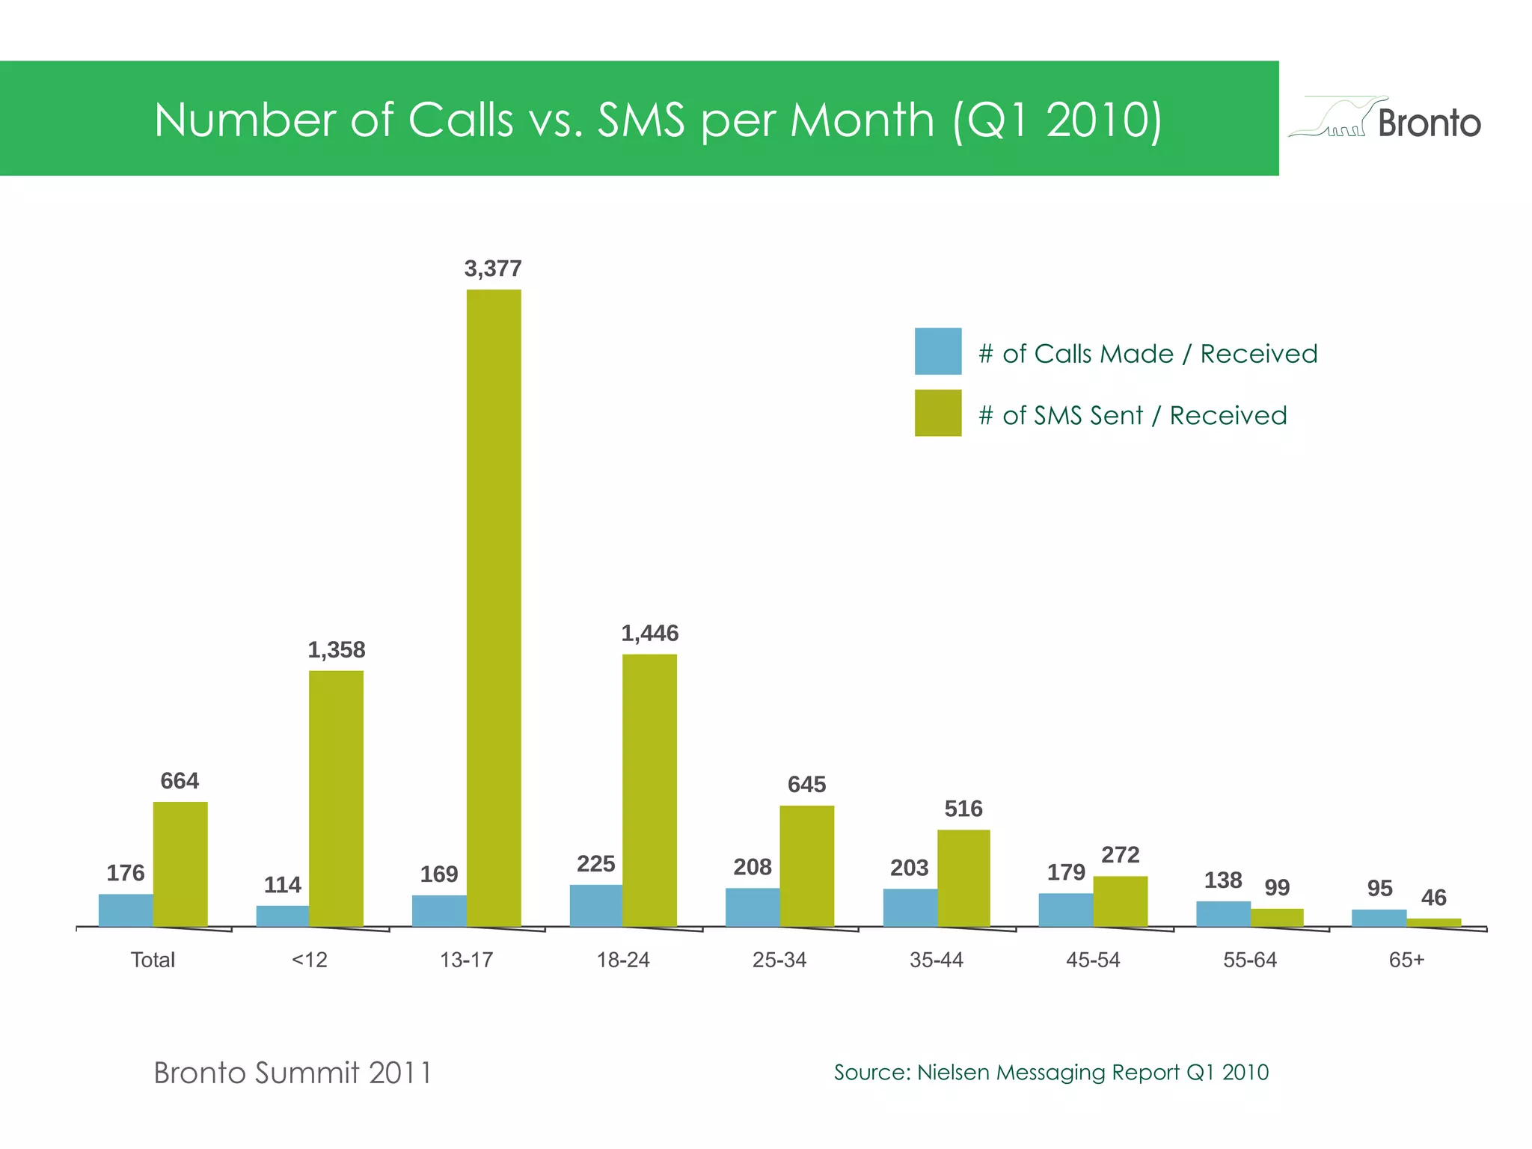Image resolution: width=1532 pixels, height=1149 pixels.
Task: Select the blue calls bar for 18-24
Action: (595, 905)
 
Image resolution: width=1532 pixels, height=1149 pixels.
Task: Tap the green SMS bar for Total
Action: (180, 863)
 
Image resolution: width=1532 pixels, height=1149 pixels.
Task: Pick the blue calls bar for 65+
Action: (1379, 918)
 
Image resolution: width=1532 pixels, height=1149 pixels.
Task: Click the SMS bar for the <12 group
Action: (336, 797)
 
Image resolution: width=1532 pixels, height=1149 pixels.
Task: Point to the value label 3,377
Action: (493, 269)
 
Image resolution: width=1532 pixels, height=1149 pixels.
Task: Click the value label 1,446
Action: (649, 634)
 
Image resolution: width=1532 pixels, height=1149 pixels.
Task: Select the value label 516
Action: (963, 809)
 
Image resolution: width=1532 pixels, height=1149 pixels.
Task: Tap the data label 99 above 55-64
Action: (1277, 887)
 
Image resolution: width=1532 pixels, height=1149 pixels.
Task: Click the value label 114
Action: (282, 885)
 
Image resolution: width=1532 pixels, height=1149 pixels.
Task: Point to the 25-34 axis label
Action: (779, 960)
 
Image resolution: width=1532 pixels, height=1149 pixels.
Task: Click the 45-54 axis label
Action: (1093, 960)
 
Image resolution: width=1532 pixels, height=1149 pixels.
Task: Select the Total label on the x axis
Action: (153, 960)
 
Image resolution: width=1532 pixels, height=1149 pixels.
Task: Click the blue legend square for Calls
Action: (937, 351)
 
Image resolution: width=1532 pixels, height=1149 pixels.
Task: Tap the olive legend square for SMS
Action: (937, 412)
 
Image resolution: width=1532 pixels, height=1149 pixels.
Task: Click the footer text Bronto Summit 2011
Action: (292, 1073)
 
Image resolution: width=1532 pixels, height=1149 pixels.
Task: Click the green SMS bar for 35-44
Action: (963, 877)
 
